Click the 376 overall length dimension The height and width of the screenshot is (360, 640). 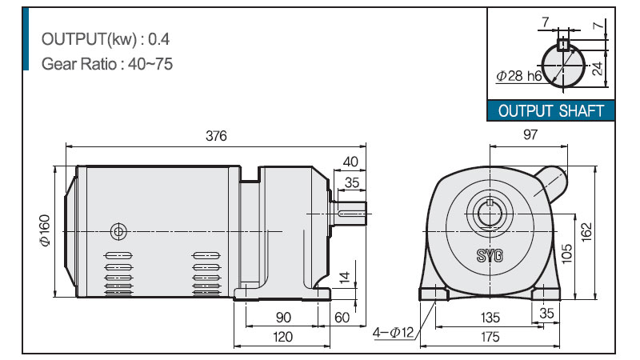point(216,136)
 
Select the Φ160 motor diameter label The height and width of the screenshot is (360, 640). point(45,230)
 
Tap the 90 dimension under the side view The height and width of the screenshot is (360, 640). point(283,317)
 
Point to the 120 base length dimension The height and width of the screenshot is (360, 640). point(283,337)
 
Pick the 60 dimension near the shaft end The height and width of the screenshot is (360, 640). point(342,317)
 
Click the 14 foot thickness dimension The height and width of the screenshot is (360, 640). point(345,277)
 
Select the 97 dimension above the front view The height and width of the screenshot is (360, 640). point(530,134)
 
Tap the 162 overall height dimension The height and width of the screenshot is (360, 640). point(586,232)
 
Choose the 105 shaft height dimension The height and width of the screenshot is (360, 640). point(567,254)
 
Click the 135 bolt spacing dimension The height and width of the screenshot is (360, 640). point(490,317)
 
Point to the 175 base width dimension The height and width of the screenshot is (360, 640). point(490,337)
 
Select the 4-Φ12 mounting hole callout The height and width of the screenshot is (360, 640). point(393,333)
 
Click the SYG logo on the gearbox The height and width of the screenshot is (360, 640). point(490,255)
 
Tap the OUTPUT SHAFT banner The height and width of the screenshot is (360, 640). point(551,111)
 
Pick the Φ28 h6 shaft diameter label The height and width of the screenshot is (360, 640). point(518,75)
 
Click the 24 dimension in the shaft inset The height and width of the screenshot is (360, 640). point(598,69)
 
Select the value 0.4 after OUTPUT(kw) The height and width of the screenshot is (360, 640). point(158,39)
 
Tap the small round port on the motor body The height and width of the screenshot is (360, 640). point(118,232)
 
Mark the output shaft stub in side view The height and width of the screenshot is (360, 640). point(350,213)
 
